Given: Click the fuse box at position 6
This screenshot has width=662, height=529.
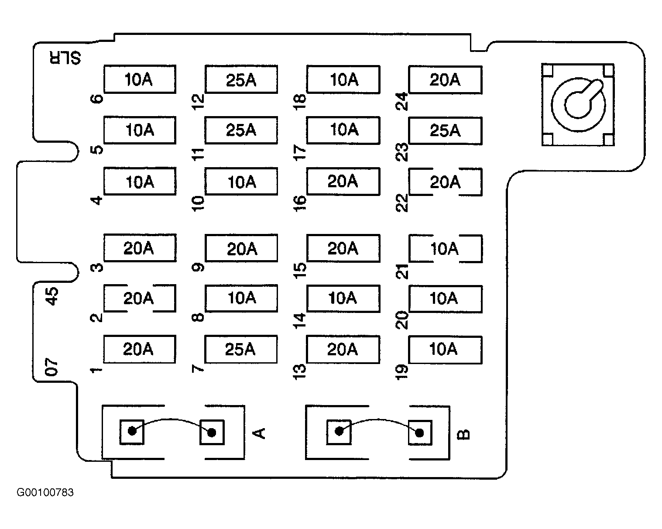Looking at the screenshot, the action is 140,79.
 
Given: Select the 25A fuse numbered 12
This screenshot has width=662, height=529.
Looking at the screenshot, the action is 241,79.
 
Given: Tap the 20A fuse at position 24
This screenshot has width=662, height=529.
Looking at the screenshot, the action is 445,80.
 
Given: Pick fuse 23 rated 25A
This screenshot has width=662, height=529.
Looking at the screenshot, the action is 445,131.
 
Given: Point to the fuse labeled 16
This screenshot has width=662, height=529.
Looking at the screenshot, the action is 343,181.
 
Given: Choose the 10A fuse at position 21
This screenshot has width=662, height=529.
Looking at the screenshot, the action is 445,248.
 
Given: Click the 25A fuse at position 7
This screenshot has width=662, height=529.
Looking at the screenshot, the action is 241,349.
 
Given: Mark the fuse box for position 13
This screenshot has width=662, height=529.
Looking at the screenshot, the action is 343,350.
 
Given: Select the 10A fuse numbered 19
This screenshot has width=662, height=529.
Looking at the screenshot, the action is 445,350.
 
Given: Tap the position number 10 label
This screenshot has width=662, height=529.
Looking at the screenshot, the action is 198,203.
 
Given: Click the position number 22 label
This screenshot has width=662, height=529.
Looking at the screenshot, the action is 401,203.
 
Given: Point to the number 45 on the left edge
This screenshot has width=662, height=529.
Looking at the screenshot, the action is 51,296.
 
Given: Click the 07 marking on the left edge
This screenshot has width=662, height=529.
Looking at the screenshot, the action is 51,367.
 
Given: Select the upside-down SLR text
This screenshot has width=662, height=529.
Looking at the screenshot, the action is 65,58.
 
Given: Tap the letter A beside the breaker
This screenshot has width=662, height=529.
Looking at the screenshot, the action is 259,433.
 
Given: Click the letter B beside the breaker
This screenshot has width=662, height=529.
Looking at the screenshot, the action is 463,434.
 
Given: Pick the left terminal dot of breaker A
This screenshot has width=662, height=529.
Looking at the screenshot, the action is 132,431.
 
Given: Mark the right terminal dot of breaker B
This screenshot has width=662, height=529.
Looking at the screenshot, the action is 419,433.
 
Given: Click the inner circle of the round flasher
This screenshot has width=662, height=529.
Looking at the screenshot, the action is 577,105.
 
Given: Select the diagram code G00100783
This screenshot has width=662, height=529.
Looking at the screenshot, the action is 45,492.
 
